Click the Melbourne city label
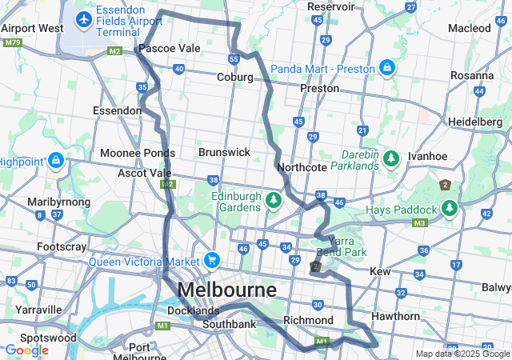point(227,289)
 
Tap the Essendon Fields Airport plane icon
point(82,18)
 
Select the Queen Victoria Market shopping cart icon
point(212,260)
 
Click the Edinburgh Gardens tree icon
point(274,198)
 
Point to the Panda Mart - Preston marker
point(387,68)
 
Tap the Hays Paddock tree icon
point(450,210)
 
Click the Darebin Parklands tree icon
point(391,158)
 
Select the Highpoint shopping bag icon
point(56,161)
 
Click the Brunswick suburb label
point(224,152)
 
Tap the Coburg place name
point(234,78)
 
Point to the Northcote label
point(302,168)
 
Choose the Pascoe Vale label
point(170,49)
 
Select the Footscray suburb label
point(62,247)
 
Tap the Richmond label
point(308,320)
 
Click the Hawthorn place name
point(394,316)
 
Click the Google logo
point(27,350)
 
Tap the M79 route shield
point(11,42)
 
